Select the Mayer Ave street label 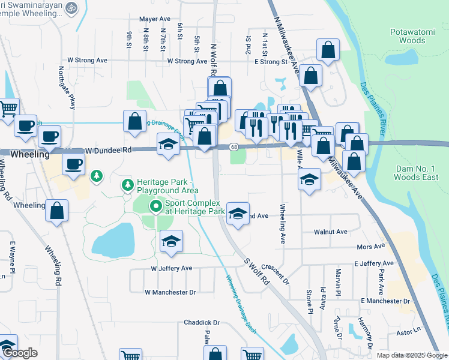tap(156, 19)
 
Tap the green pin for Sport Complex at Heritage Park tap(156, 207)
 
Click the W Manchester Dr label tap(170, 292)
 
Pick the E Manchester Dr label tap(385, 301)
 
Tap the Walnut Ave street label tap(331, 232)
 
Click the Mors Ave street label tap(370, 247)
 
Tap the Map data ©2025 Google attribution tap(411, 355)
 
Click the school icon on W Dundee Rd tap(168, 145)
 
